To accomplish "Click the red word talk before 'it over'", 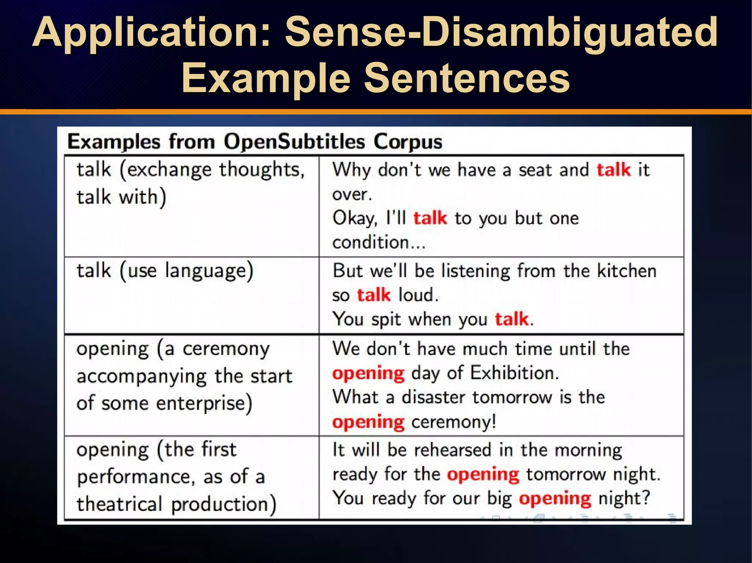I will (x=613, y=170).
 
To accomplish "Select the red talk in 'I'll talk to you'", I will (x=430, y=218).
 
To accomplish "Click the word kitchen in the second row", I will (x=627, y=271).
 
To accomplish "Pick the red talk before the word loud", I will (x=373, y=295).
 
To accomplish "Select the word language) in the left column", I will (x=209, y=271).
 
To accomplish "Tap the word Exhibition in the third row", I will (x=514, y=373).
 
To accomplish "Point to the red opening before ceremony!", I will (x=368, y=422).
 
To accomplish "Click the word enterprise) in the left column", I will (x=204, y=403).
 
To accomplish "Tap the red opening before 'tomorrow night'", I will (x=483, y=474).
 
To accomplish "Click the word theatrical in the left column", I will (x=119, y=504).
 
